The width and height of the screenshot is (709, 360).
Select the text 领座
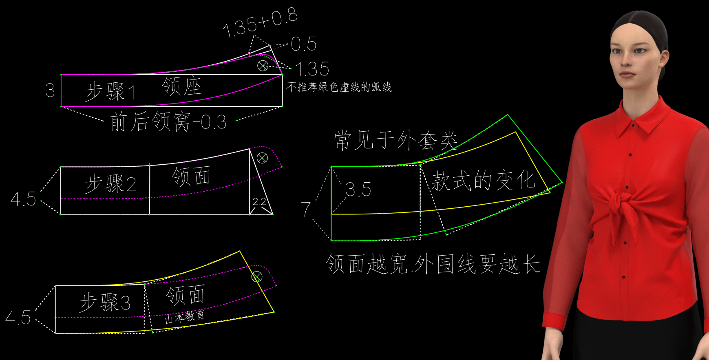(182, 86)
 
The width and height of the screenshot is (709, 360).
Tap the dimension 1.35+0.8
(260, 23)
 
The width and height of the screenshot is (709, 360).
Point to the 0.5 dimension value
(304, 44)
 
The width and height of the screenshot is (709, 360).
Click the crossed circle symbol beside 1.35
(263, 66)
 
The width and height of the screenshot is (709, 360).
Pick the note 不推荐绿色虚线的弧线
(339, 87)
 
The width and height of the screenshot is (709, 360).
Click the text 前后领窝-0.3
(168, 122)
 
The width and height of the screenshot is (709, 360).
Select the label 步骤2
(110, 183)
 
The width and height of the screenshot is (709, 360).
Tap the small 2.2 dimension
(259, 201)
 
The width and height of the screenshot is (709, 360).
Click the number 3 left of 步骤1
(50, 91)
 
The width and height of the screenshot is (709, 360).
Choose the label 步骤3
(105, 303)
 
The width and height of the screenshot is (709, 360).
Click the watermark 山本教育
(185, 317)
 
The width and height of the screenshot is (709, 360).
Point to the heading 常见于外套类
(395, 141)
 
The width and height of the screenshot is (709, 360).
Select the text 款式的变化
(483, 180)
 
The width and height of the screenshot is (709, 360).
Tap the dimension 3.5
(358, 190)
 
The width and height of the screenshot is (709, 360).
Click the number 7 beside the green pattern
(306, 209)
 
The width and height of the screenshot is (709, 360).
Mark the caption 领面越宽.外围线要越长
(433, 264)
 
